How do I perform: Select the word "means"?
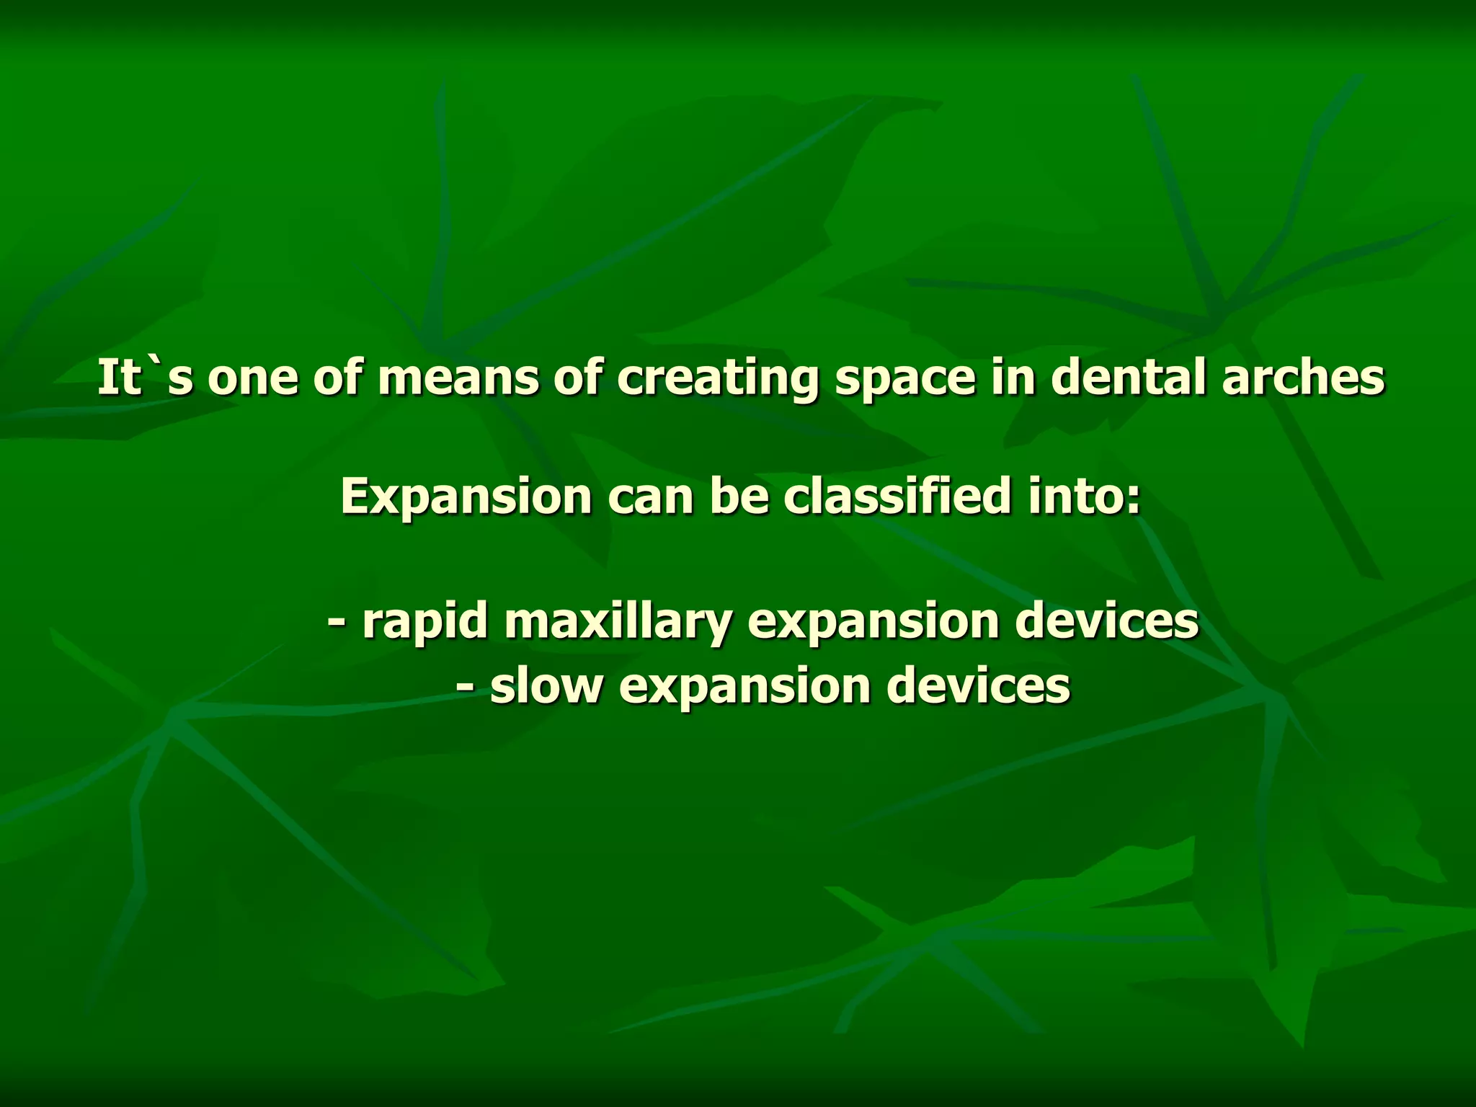[458, 378]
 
